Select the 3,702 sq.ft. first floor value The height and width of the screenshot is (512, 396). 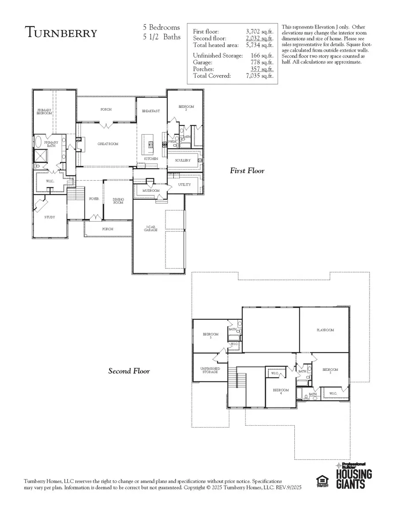(x=259, y=32)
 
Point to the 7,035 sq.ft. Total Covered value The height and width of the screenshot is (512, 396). (x=259, y=76)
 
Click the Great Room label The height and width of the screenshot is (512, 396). (x=108, y=144)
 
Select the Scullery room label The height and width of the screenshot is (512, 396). (x=183, y=161)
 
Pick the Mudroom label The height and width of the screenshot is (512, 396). (x=150, y=190)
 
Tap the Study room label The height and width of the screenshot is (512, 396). (x=50, y=217)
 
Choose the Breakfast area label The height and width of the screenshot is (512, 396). (x=150, y=111)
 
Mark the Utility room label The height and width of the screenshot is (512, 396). (x=184, y=184)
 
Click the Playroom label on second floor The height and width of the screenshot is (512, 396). (x=325, y=330)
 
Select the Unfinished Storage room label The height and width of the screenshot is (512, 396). (x=210, y=370)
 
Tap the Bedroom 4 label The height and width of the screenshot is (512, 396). (x=280, y=391)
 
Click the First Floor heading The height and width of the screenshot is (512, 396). (x=247, y=171)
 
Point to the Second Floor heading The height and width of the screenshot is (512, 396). (x=129, y=371)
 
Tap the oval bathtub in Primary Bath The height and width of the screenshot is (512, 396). (x=39, y=142)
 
